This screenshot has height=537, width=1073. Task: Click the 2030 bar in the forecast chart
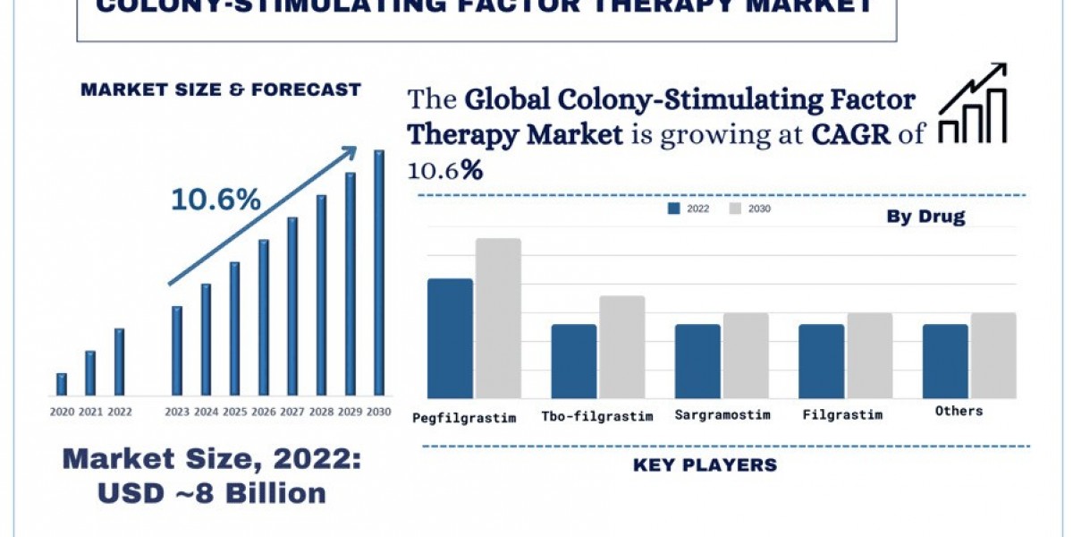click(379, 273)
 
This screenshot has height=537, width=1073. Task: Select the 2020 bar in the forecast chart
click(62, 384)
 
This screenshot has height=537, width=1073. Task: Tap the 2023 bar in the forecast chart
click(177, 351)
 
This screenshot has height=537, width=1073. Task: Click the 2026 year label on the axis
click(264, 412)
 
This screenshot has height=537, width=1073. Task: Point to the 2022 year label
click(119, 412)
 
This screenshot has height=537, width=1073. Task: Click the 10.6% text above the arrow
click(215, 200)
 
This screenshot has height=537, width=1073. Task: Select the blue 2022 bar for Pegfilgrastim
click(450, 338)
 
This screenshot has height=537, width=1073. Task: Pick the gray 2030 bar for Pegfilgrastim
click(498, 318)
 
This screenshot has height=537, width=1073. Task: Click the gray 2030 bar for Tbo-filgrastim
click(621, 346)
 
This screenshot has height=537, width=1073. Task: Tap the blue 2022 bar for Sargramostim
click(697, 361)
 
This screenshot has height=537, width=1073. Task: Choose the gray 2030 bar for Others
click(993, 355)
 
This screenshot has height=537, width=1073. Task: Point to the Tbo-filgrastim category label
click(597, 416)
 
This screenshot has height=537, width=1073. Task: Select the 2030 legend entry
click(748, 209)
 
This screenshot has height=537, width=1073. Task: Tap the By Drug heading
click(925, 217)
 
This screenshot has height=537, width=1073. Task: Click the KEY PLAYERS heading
click(705, 465)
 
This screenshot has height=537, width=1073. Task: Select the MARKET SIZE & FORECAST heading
click(220, 89)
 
